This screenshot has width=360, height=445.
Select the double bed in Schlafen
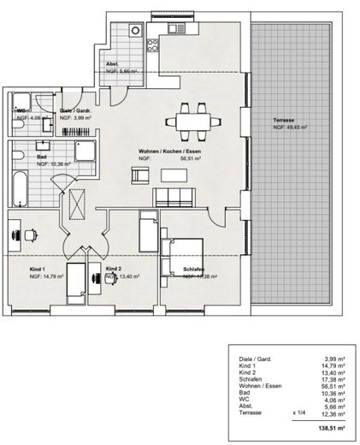[181, 253]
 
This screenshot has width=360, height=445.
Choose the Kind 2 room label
[114, 270]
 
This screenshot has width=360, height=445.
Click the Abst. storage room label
[112, 65]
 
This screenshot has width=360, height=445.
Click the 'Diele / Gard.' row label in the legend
[249, 359]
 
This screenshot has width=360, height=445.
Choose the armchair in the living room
[139, 175]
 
